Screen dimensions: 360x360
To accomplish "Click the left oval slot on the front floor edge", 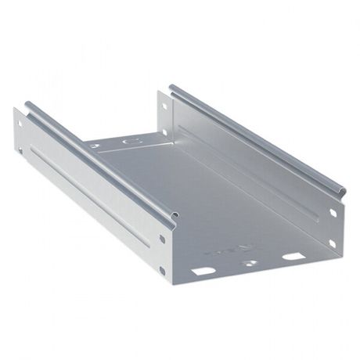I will tap(202, 272).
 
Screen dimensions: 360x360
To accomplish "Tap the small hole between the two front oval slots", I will tap(250, 265).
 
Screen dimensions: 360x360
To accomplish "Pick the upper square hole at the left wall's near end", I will tap(162, 239).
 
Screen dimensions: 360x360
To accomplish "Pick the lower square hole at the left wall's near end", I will tap(163, 271).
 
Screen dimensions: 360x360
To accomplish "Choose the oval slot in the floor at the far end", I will tap(130, 144).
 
